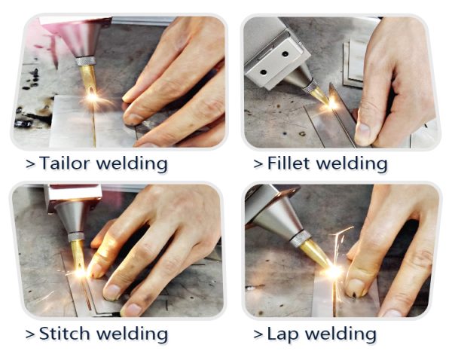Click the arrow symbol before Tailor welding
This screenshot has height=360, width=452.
(x=30, y=164)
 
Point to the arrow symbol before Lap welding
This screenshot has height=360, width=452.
(x=258, y=334)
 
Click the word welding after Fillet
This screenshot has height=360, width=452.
(x=351, y=163)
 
